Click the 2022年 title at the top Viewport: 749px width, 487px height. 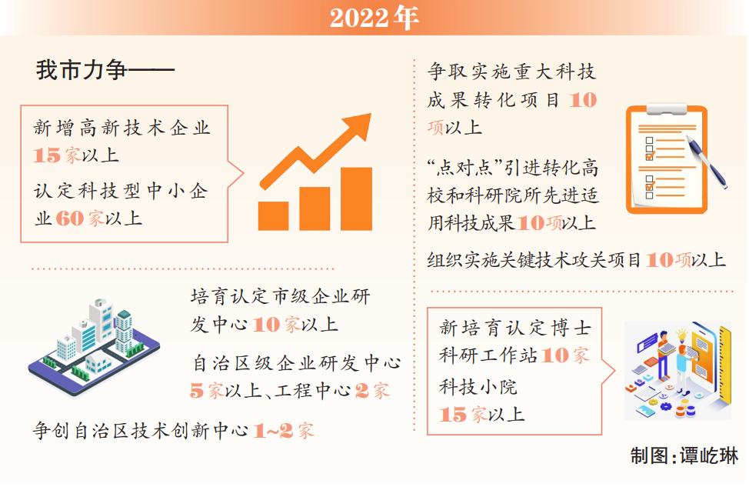(x=374, y=18)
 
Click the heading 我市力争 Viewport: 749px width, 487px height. (x=82, y=70)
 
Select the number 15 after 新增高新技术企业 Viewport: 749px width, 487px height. (x=47, y=155)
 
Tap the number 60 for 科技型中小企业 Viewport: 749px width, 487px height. (x=70, y=218)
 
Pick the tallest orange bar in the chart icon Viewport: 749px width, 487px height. (x=356, y=198)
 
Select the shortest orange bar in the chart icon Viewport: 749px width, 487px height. (x=273, y=216)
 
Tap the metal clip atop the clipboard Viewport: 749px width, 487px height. (x=667, y=109)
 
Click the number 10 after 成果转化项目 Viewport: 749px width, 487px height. (x=583, y=100)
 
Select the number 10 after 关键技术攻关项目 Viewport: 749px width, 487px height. (x=660, y=260)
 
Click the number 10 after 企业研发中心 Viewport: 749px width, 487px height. (x=266, y=325)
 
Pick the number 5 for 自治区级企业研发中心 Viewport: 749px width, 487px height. (x=197, y=391)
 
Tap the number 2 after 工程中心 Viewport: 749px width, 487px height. (x=361, y=391)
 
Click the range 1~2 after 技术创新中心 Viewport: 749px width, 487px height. (x=273, y=431)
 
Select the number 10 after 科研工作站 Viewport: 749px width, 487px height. (x=555, y=355)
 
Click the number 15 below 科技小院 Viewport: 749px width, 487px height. (x=453, y=415)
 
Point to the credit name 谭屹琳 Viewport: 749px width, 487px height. (x=709, y=456)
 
